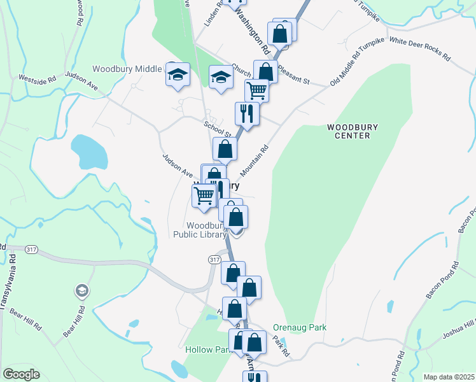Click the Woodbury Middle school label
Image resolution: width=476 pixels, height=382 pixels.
[x=127, y=69]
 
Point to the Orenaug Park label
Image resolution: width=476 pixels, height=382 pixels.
[x=299, y=327]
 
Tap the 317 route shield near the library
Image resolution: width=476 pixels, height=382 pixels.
[x=214, y=260]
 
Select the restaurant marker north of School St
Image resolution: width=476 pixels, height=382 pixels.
[x=246, y=113]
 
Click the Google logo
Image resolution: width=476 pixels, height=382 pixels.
[x=21, y=374]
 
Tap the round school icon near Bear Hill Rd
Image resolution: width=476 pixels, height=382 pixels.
[x=81, y=292]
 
